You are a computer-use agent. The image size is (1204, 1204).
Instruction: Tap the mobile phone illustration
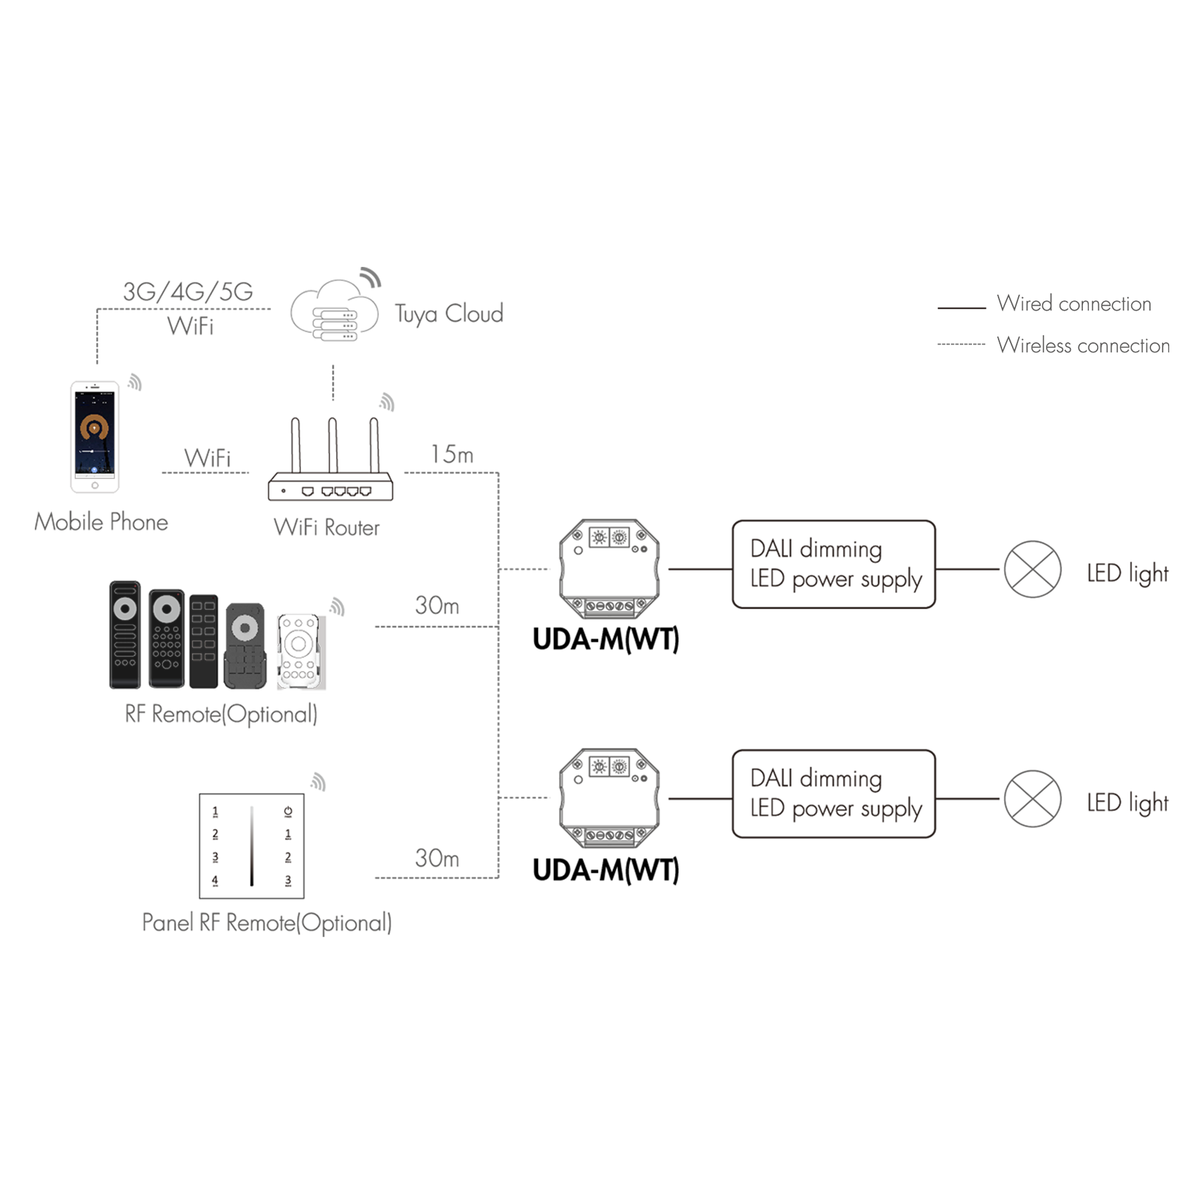pyautogui.click(x=95, y=437)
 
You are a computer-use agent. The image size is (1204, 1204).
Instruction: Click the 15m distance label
pyautogui.click(x=451, y=455)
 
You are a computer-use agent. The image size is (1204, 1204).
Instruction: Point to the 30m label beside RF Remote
pyautogui.click(x=437, y=605)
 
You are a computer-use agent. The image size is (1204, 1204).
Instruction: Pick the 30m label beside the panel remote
pyautogui.click(x=437, y=858)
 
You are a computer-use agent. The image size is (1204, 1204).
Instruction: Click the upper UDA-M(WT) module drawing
pyautogui.click(x=609, y=569)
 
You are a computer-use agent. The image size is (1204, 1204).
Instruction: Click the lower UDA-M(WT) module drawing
pyautogui.click(x=609, y=798)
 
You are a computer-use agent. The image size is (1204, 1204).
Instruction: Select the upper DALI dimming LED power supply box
pyautogui.click(x=833, y=565)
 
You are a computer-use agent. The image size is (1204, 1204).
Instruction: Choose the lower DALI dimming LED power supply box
pyautogui.click(x=833, y=794)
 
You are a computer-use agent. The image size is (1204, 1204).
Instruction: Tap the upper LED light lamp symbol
pyautogui.click(x=1032, y=569)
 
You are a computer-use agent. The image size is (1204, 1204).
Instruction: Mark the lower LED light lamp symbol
pyautogui.click(x=1032, y=799)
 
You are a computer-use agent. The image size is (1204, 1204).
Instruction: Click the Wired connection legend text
pyautogui.click(x=1074, y=304)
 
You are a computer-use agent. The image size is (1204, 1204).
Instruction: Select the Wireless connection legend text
pyautogui.click(x=1083, y=345)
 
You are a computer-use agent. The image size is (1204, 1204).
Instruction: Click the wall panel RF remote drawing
pyautogui.click(x=252, y=846)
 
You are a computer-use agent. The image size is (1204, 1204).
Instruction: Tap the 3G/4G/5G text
pyautogui.click(x=188, y=292)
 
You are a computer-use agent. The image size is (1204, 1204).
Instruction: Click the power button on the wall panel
pyautogui.click(x=288, y=811)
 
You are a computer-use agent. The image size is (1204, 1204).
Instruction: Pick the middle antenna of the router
pyautogui.click(x=332, y=445)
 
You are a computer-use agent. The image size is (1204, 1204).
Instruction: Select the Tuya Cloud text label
pyautogui.click(x=449, y=314)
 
